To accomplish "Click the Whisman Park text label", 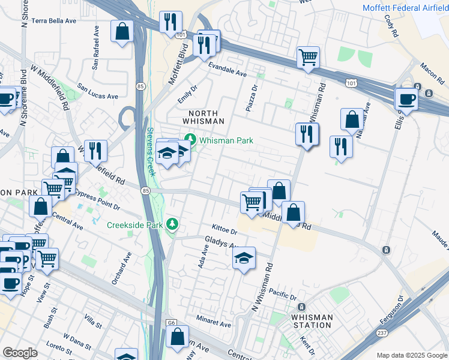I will point(226,140).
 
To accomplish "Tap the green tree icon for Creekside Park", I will point(173,224).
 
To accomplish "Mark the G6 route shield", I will point(172,323).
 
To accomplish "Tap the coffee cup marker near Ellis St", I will point(406,99).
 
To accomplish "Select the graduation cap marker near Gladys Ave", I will point(244,259).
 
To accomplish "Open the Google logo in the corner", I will point(20,353).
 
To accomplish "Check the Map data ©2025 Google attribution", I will point(411,355).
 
